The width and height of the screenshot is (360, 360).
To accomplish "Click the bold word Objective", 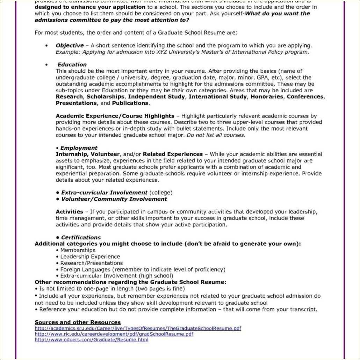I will click(70, 45).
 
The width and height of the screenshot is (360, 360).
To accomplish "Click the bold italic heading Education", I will click(72, 65).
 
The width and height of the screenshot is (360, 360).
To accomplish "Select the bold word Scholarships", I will click(105, 97).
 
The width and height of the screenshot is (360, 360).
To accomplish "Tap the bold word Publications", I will click(130, 103).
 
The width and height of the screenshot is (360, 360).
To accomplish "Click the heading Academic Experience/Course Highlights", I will click(115, 116).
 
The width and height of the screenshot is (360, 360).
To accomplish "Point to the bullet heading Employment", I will click(79, 148).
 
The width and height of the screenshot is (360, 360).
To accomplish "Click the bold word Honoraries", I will click(267, 97).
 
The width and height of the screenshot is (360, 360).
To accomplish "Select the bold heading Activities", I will click(69, 212).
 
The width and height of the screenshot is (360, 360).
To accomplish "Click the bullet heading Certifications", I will click(81, 238).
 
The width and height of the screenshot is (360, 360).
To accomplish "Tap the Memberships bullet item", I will click(78, 250).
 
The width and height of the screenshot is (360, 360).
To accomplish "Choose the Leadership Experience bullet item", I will click(90, 257).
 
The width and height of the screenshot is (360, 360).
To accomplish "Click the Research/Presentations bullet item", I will click(91, 263).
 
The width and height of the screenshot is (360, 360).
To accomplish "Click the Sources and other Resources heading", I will click(78, 322).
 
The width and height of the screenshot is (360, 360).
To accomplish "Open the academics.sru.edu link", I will click(138, 329).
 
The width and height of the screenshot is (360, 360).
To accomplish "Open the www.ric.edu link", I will click(114, 334).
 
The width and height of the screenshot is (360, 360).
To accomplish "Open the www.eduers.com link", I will click(92, 340).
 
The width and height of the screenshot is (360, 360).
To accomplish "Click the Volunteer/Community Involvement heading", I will click(114, 199).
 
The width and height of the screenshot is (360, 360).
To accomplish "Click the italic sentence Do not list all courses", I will click(216, 135).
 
